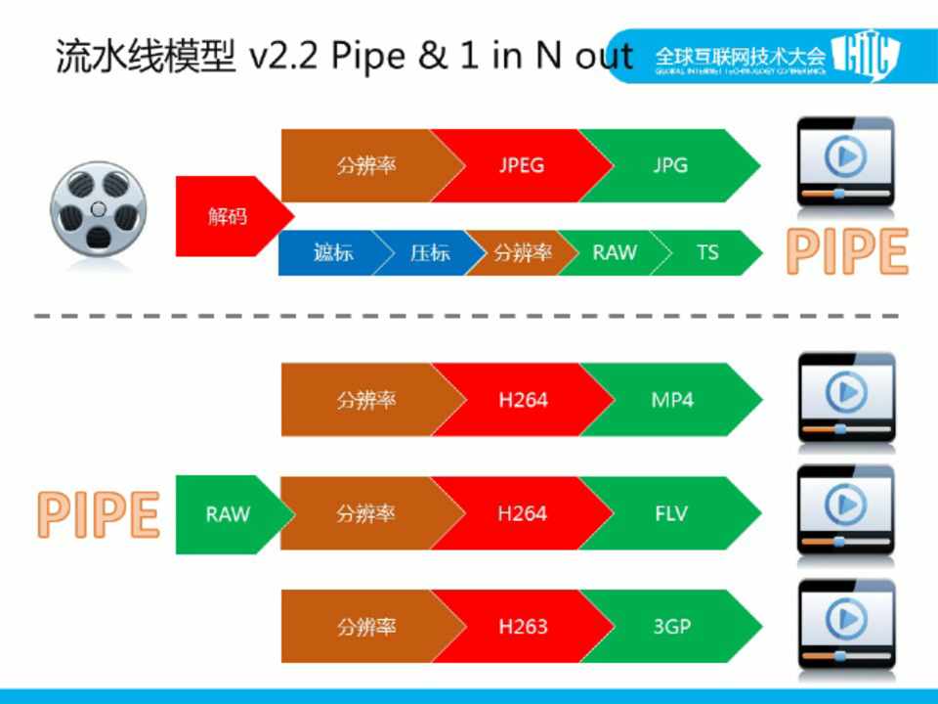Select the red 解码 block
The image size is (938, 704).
[228, 216]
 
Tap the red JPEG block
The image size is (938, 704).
[521, 165]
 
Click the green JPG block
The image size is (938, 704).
[670, 165]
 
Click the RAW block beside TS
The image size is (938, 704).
[614, 252]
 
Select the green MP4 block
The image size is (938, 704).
[671, 400]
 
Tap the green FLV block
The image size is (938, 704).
[671, 513]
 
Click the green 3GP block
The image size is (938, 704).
[671, 627]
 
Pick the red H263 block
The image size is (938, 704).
[522, 627]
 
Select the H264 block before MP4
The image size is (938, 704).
[522, 400]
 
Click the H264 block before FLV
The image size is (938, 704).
[522, 513]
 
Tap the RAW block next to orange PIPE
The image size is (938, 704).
[227, 513]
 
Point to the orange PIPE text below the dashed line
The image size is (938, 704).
[99, 513]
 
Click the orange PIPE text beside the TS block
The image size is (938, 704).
[847, 252]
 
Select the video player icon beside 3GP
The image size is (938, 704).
[845, 625]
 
